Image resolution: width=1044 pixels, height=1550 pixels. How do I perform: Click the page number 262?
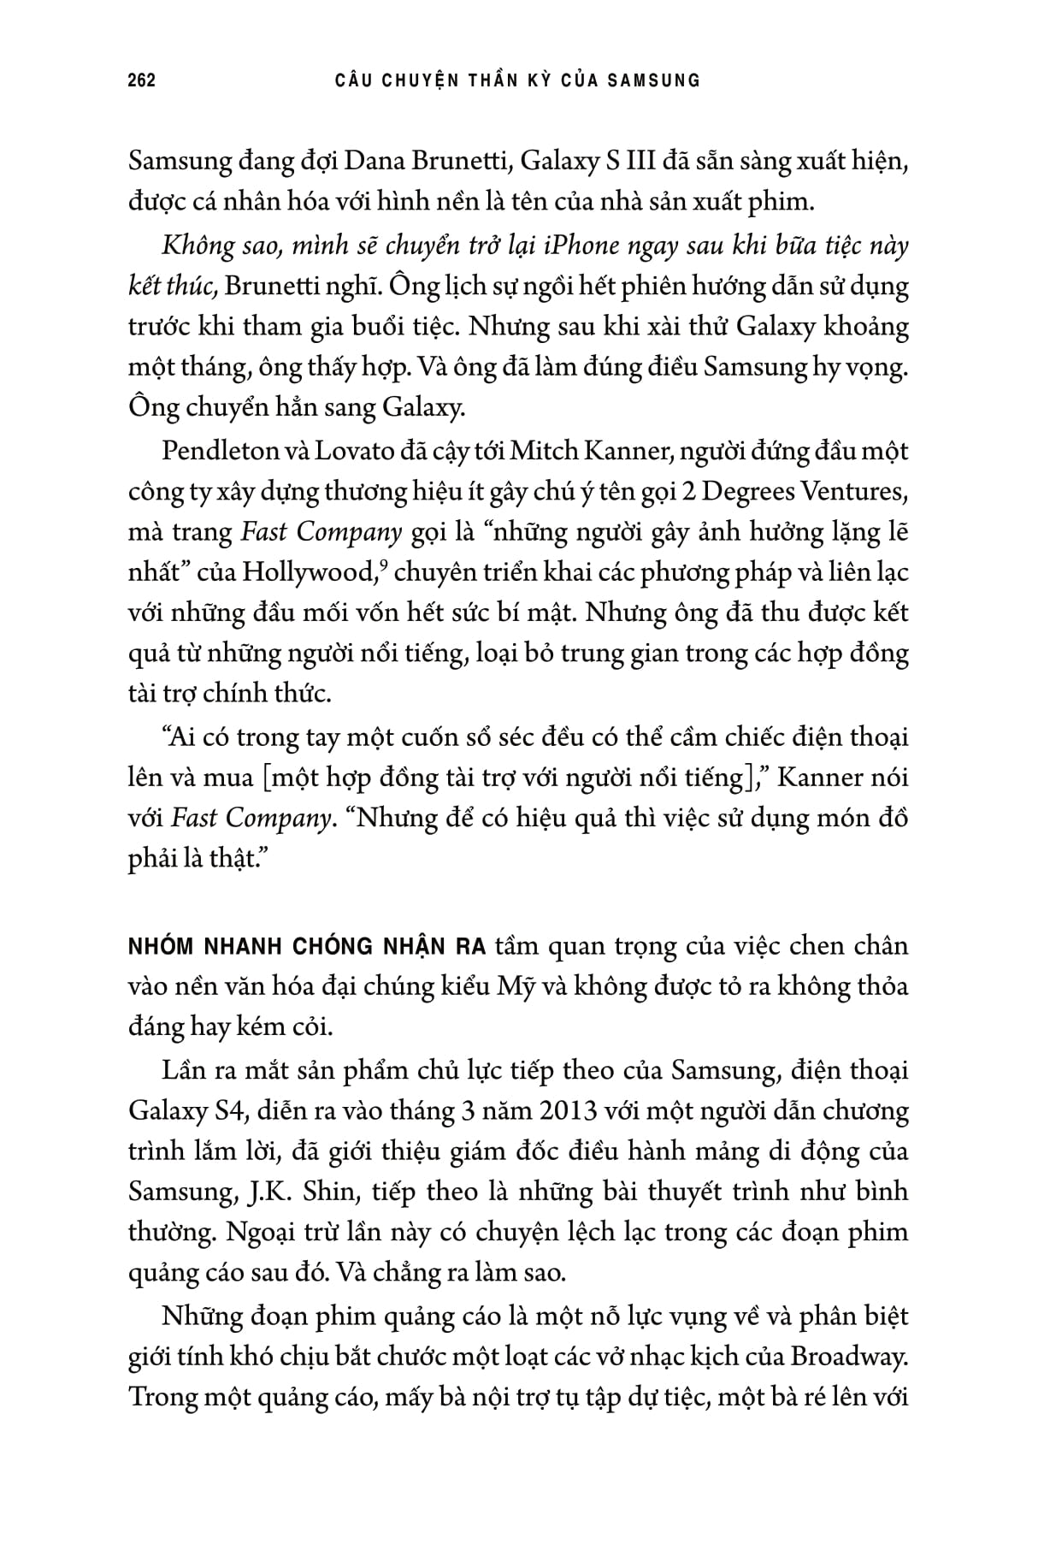[141, 80]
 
